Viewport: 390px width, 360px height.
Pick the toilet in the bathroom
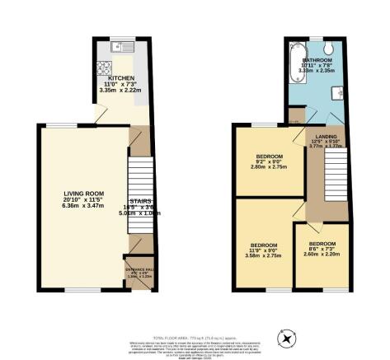tap(328, 48)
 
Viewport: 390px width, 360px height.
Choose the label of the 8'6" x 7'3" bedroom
tap(322, 244)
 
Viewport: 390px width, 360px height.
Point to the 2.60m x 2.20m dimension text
tap(322, 255)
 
